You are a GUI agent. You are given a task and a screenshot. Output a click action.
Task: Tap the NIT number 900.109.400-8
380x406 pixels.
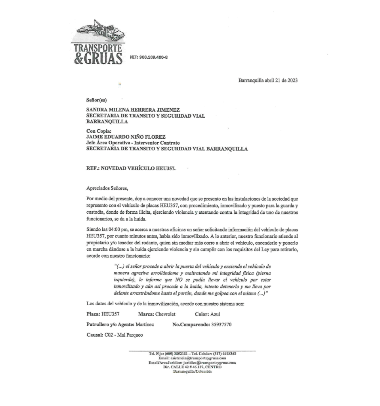[x=149, y=57]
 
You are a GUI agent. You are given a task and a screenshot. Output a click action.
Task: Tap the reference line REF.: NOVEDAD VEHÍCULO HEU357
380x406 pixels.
[x=131, y=168]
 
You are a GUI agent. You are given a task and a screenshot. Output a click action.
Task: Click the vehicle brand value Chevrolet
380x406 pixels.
[x=165, y=314]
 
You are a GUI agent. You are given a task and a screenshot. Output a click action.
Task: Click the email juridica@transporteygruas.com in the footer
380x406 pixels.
[x=210, y=362]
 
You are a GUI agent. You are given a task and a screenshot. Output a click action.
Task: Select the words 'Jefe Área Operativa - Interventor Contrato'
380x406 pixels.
[x=133, y=143]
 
